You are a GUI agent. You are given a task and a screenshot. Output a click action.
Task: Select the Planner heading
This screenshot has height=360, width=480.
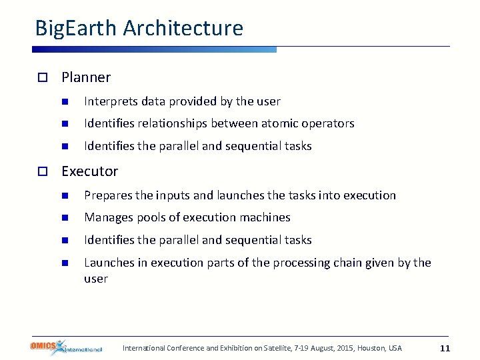click(86, 77)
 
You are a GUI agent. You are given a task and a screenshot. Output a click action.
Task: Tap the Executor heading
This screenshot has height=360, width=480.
click(89, 171)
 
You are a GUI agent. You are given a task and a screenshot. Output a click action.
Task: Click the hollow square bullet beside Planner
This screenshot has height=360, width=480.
click(41, 78)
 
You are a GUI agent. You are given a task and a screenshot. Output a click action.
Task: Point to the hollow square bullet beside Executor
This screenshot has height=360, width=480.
click(41, 172)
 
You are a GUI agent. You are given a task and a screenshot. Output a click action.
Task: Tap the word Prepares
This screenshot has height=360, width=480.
click(108, 195)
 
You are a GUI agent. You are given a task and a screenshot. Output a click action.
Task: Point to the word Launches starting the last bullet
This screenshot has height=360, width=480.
click(109, 263)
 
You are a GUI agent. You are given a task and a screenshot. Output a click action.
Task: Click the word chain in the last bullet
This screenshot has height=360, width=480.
click(342, 263)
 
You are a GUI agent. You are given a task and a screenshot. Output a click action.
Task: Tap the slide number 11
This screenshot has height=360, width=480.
click(445, 348)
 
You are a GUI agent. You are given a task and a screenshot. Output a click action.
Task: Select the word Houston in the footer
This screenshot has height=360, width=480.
click(372, 348)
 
